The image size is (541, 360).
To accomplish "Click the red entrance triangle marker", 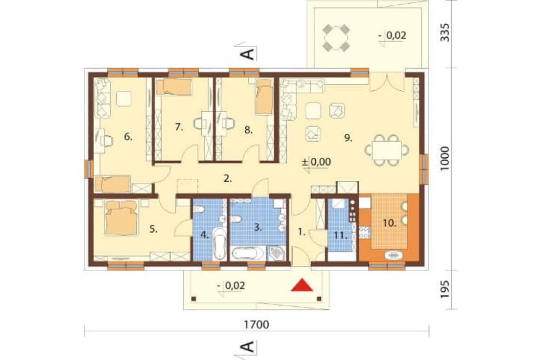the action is tap(302, 285).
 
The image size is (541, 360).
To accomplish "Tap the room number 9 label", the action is tap(348, 138).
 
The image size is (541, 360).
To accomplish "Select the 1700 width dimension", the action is tap(256, 324).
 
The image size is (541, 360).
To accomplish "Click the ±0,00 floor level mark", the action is tap(316, 162).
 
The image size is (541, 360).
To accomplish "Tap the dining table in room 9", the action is tap(387, 150).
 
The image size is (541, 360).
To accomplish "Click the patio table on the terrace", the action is tap(337, 37).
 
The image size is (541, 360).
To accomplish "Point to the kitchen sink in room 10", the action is tap(393, 255).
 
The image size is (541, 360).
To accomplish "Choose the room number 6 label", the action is tap(128, 137).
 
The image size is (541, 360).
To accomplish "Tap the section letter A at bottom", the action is tap(248, 347).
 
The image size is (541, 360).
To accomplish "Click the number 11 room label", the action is tap(340, 236).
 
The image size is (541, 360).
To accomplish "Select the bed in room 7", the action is tap(174, 87).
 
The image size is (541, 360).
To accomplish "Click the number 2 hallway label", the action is tap(227, 178).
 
